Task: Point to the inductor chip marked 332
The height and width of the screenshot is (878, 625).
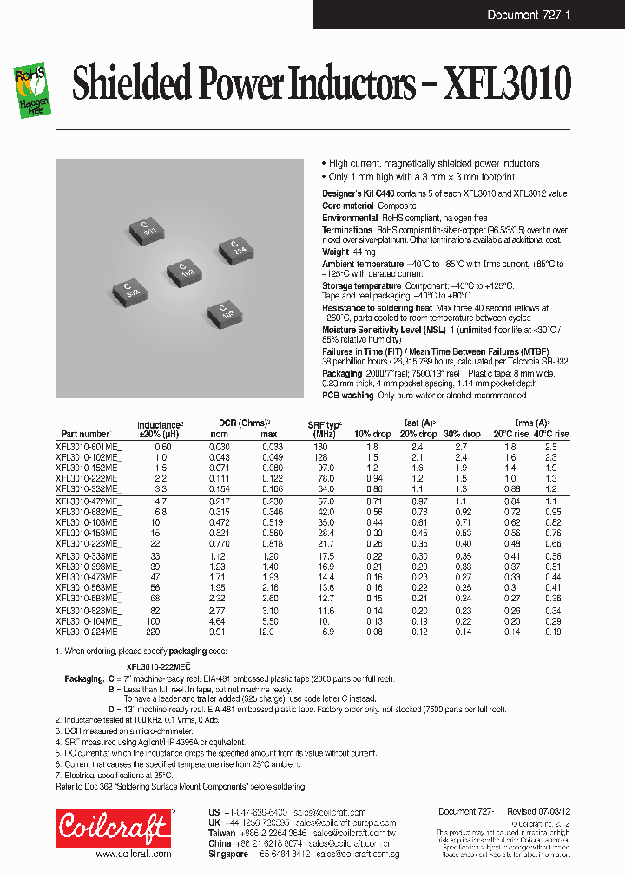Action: click(132, 291)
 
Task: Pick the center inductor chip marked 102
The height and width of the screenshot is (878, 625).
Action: click(185, 270)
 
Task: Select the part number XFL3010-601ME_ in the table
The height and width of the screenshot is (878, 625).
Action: click(89, 446)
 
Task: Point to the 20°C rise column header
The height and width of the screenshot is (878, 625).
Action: click(510, 434)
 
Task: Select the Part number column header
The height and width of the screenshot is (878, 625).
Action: click(85, 434)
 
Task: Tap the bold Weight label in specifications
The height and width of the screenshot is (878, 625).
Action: click(335, 252)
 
